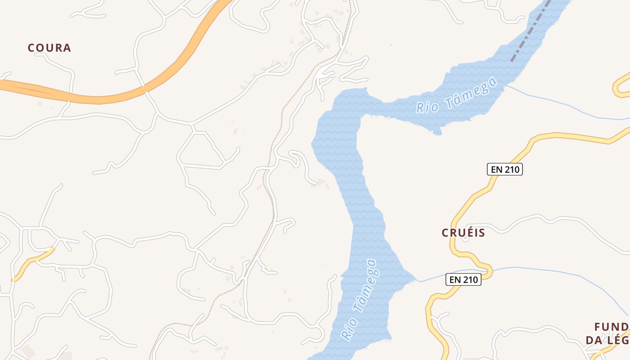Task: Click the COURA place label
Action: coord(49,48)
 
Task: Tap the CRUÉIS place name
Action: coord(463,233)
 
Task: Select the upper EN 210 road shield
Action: coord(504,169)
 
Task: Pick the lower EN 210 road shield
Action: coord(463,279)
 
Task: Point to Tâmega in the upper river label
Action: coord(471,92)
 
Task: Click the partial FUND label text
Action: coord(611,327)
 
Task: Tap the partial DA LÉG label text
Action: coord(607,340)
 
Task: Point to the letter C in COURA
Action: coord(31,48)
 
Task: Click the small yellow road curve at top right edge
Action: coord(621,85)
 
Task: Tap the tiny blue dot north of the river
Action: coord(391,45)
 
